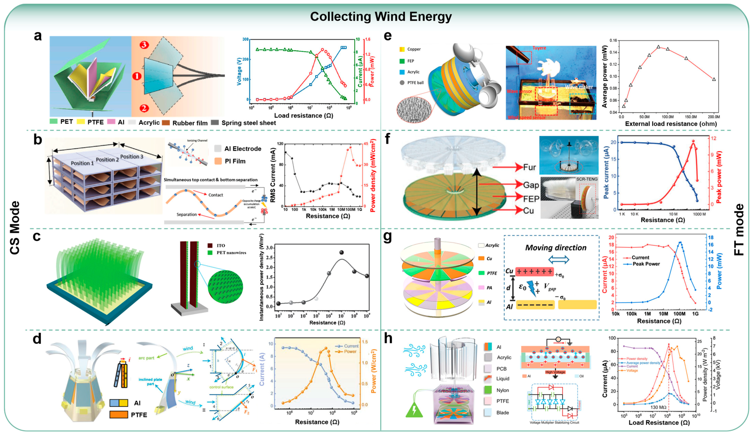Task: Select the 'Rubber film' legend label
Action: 190,123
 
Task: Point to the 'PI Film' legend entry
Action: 235,161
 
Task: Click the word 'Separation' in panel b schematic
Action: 186,214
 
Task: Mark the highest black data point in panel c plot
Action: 342,252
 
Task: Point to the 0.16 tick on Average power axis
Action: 613,40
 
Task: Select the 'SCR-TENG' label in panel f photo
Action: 586,179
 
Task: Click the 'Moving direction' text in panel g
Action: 555,248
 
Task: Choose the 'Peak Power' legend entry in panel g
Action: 646,264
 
